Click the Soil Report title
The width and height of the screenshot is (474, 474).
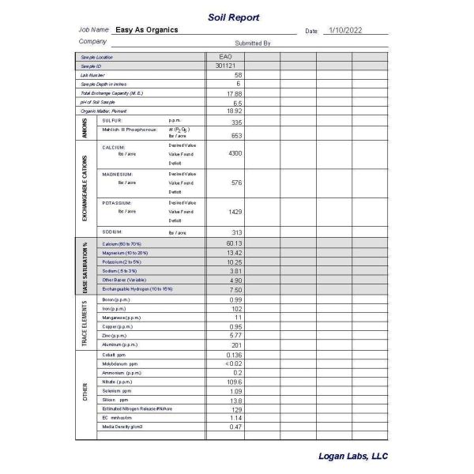[x=233, y=17]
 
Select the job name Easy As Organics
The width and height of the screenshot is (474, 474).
[x=146, y=30]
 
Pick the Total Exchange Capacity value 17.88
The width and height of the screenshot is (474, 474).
[x=234, y=93]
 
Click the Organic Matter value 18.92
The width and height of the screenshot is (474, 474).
[x=234, y=111]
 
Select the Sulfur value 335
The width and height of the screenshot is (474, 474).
[x=236, y=122]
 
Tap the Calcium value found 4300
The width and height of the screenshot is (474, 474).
[x=235, y=152]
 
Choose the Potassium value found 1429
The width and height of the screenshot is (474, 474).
[x=235, y=212]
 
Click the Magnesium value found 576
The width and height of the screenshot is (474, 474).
[x=236, y=182]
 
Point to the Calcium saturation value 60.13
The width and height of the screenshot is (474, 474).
[x=234, y=243]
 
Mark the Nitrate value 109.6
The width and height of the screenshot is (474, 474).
[x=234, y=382]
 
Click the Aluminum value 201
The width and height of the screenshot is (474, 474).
[x=235, y=345]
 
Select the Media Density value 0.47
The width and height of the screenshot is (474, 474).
[x=235, y=427]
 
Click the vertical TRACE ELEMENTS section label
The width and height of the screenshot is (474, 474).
[x=85, y=323]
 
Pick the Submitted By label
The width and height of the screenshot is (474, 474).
[x=253, y=43]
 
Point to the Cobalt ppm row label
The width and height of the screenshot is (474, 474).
[x=115, y=355]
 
